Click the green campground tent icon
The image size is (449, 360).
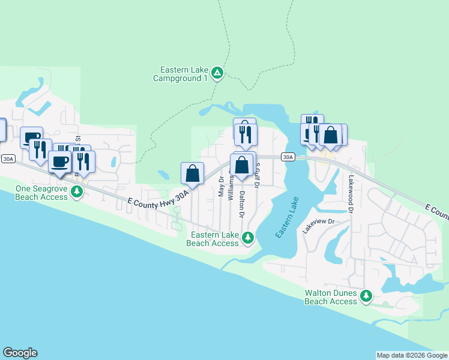(217, 74)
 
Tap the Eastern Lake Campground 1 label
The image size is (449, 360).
(180, 74)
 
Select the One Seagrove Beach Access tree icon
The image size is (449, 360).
(76, 191)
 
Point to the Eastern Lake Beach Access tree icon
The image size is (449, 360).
(247, 239)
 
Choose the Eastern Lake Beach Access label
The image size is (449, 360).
(212, 239)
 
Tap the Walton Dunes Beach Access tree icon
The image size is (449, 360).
(366, 296)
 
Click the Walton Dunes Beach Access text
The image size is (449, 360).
(331, 297)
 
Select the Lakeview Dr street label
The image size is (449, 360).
(318, 226)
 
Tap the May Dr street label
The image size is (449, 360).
(221, 187)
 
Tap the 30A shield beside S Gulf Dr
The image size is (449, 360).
(288, 157)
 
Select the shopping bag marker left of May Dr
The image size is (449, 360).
(192, 173)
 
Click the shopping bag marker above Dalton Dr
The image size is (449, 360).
(241, 165)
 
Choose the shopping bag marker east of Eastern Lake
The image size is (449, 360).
(330, 135)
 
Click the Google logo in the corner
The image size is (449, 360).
(20, 353)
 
